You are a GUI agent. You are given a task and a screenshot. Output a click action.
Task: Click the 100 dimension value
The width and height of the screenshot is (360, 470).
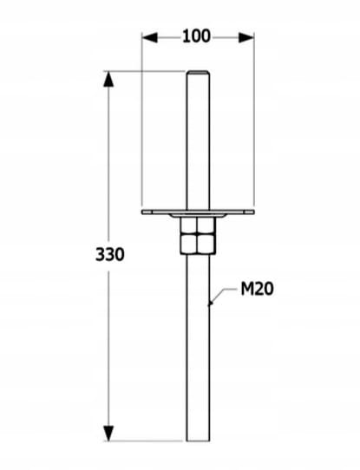[197, 36]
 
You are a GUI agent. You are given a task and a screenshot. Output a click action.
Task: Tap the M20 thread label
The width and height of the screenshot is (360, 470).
[257, 290]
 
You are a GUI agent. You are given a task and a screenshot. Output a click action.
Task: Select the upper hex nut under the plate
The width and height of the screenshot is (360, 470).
[197, 227]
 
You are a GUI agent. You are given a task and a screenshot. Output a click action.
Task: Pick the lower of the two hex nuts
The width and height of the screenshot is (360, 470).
[197, 245]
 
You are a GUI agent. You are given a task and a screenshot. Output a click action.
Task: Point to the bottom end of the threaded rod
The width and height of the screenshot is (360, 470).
[197, 441]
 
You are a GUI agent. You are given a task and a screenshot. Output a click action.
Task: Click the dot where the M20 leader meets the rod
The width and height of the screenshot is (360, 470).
[210, 304]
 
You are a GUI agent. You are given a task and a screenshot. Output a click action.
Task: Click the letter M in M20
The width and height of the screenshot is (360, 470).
[245, 290]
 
